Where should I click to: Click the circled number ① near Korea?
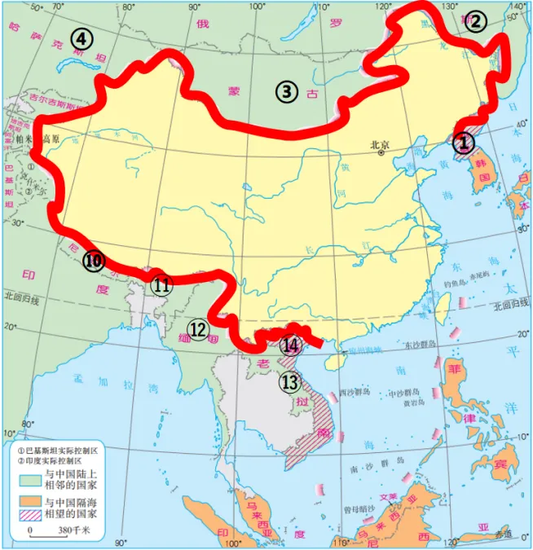[x=463, y=143]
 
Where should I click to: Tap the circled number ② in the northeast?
[x=475, y=22]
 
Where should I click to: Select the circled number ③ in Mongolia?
[x=285, y=91]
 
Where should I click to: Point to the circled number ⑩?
[x=94, y=261]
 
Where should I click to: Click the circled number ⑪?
[x=161, y=285]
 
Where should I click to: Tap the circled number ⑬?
[x=290, y=381]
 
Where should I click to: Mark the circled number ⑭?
[x=290, y=345]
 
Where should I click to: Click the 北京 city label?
[x=381, y=145]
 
